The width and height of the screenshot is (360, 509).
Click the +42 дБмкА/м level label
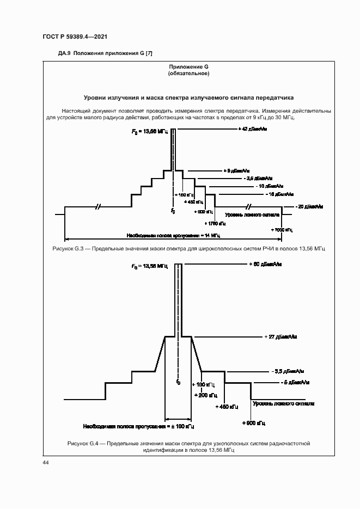tap(253, 129)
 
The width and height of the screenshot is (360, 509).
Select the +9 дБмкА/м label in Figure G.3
tap(237, 170)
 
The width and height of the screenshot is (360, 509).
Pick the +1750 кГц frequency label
tap(215, 223)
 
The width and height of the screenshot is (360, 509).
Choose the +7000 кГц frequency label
tap(282, 230)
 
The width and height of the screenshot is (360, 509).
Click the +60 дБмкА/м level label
tap(264, 264)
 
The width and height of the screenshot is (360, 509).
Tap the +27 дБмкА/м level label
tap(280, 336)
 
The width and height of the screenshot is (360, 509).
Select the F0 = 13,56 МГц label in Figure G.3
tap(150, 132)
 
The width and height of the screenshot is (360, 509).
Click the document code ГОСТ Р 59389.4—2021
tap(74, 36)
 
